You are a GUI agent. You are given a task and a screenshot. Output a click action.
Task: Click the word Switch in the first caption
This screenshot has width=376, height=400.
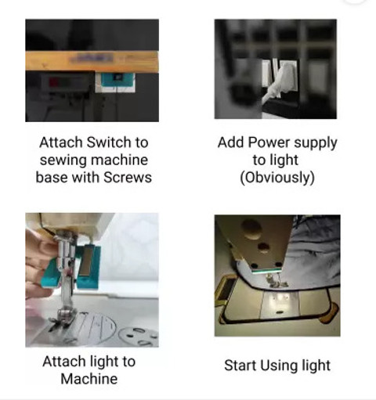click(x=109, y=142)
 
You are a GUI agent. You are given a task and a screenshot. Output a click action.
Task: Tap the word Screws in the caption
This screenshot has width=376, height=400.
click(x=128, y=178)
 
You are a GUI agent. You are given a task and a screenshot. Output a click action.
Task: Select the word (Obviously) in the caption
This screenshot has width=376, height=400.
click(x=277, y=178)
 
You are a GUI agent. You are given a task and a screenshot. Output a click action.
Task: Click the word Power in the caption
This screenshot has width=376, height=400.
click(x=269, y=142)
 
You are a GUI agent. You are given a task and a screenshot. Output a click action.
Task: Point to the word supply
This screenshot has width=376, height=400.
click(x=316, y=143)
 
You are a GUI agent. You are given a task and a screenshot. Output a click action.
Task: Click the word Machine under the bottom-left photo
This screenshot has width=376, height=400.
click(x=89, y=379)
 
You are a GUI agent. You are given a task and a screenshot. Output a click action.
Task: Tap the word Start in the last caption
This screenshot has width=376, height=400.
click(x=240, y=366)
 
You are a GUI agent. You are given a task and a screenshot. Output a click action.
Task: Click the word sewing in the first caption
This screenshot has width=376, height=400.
click(x=63, y=160)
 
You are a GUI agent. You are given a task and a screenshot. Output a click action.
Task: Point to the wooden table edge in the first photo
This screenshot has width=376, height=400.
click(x=92, y=61)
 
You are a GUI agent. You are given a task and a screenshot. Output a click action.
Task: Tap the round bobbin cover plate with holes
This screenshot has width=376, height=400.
click(x=139, y=337)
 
